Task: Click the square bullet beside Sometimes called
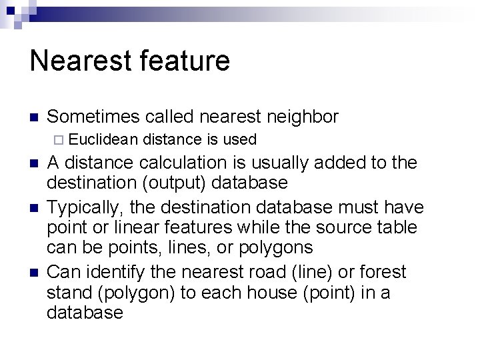(35, 118)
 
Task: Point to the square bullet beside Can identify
(35, 273)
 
